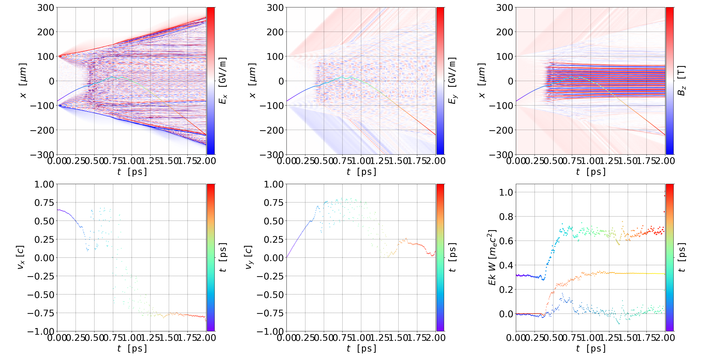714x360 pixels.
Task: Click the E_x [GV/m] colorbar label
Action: coord(223,81)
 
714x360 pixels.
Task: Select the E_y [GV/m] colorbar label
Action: coord(452,81)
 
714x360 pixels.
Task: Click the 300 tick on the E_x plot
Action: coord(46,8)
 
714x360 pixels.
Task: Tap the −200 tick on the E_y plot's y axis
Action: coord(272,130)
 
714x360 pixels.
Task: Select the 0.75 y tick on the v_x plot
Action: coord(44,203)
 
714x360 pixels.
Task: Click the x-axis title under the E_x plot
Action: coord(132,172)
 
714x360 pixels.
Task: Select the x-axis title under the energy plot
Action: coord(591,348)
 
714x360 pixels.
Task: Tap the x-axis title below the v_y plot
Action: coord(361,348)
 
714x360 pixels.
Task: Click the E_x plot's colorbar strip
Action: coord(211,81)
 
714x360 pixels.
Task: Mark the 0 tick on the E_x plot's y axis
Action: coord(52,81)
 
